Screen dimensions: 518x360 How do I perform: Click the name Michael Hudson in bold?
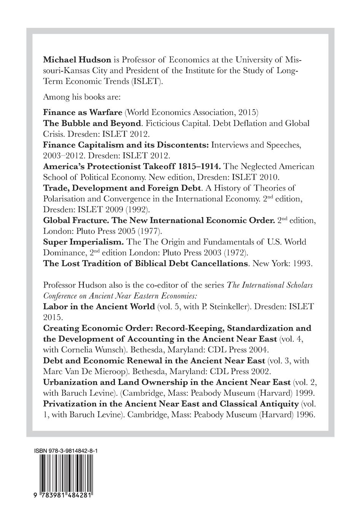click(x=77, y=60)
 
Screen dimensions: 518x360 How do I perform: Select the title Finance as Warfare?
click(x=83, y=112)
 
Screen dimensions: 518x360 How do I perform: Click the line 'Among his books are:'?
click(x=82, y=97)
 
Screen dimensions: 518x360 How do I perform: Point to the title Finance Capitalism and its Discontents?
click(x=126, y=145)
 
